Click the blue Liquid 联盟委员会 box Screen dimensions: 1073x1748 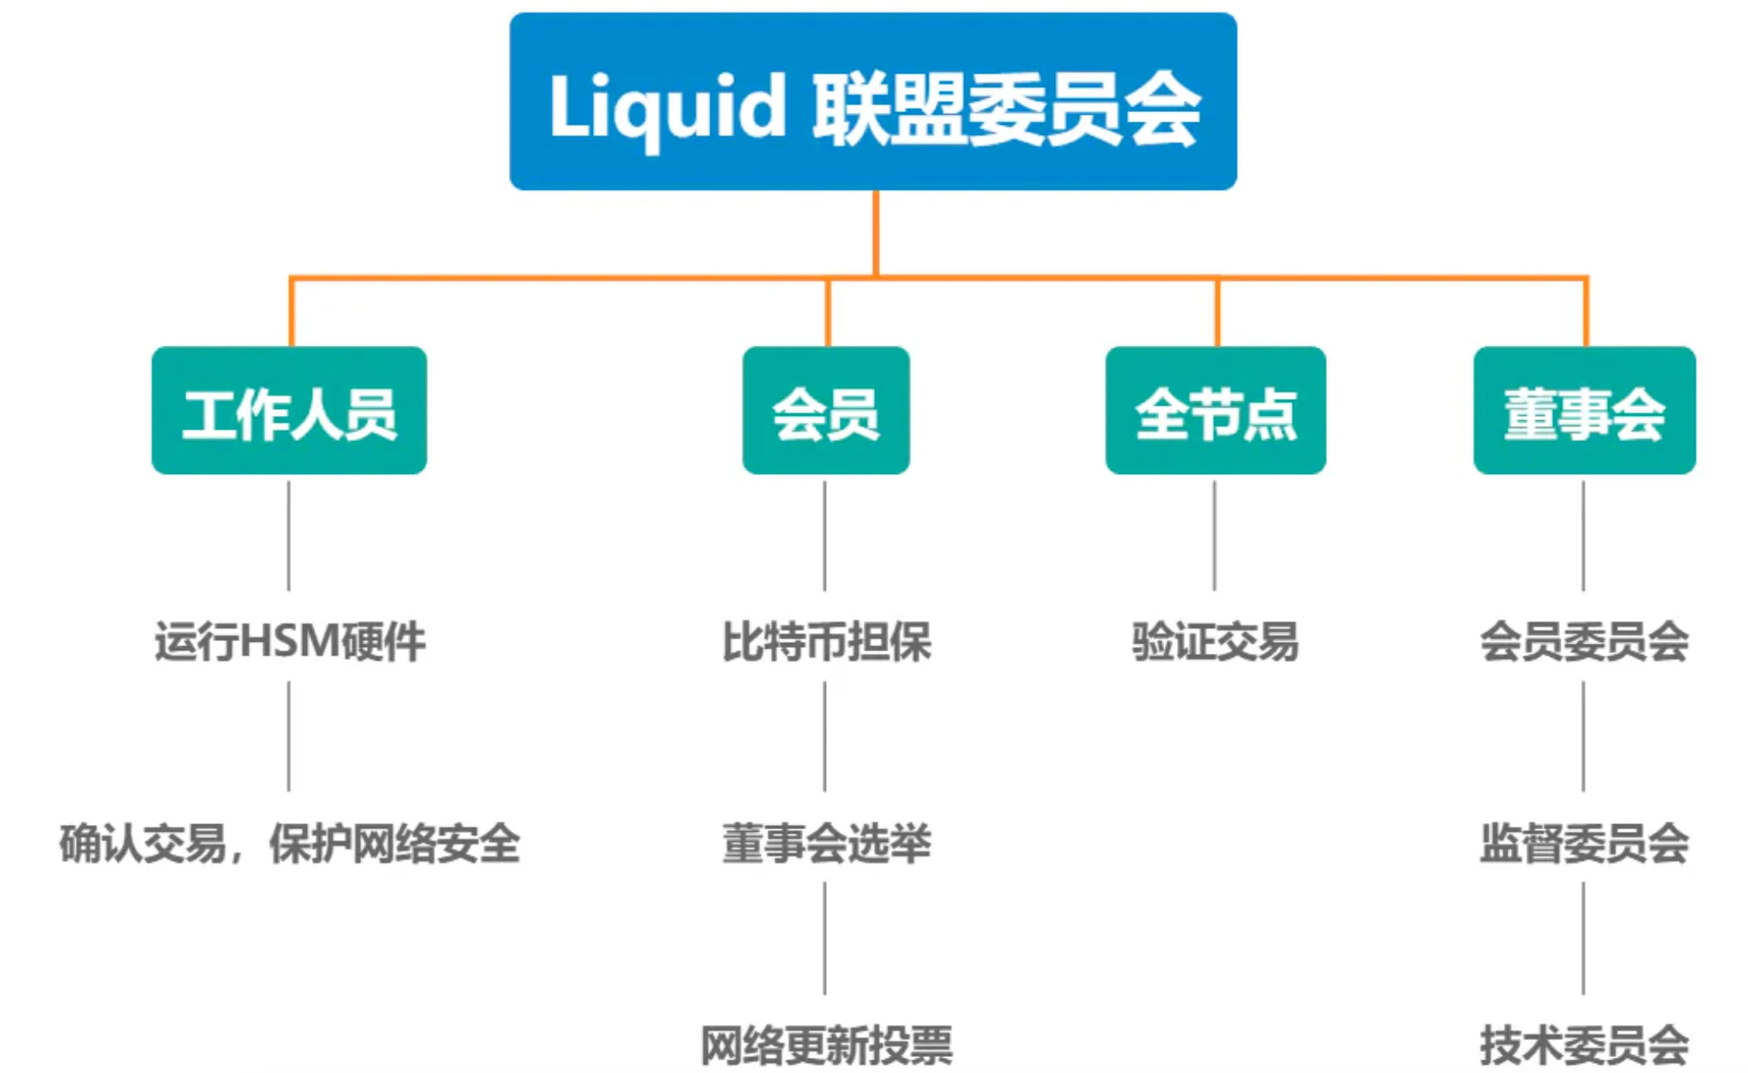tap(873, 101)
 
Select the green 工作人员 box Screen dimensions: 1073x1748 tap(289, 411)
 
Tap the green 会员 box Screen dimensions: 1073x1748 tap(826, 411)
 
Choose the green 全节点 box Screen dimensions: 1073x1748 tap(1216, 411)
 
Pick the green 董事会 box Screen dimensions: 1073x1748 tap(1584, 411)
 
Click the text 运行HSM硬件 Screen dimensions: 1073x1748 tap(289, 641)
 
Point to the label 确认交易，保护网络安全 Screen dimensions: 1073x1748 tap(289, 843)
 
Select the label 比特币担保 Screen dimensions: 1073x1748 tap(826, 641)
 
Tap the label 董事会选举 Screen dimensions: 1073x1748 tap(826, 843)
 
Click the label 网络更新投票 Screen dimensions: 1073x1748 tap(826, 1045)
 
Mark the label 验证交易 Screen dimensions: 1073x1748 tap(1215, 641)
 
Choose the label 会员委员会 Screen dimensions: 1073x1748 tap(1584, 641)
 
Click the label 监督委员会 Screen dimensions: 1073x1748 tap(1584, 843)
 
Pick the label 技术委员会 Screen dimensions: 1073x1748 tap(1584, 1045)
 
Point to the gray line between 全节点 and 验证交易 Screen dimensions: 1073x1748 tap(1215, 536)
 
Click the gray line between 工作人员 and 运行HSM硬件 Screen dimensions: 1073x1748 tap(289, 536)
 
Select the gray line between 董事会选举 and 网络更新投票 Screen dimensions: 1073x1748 tap(825, 938)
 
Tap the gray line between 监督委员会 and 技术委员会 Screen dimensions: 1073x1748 tap(1583, 938)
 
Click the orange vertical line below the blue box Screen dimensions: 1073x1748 tap(876, 232)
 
